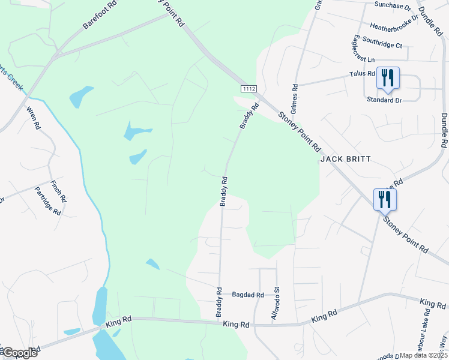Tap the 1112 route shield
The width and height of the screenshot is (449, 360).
(x=249, y=89)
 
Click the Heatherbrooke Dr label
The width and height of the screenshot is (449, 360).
(x=394, y=26)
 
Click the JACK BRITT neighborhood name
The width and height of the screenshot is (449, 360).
(x=345, y=159)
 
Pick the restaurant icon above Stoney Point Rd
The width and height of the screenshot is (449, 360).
(x=384, y=199)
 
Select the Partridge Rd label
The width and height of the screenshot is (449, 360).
(x=49, y=202)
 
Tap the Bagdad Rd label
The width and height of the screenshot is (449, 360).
(x=248, y=295)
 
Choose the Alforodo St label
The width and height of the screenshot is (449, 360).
(x=277, y=303)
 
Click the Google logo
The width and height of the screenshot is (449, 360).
(x=19, y=353)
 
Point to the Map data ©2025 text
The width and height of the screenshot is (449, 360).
(x=423, y=355)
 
